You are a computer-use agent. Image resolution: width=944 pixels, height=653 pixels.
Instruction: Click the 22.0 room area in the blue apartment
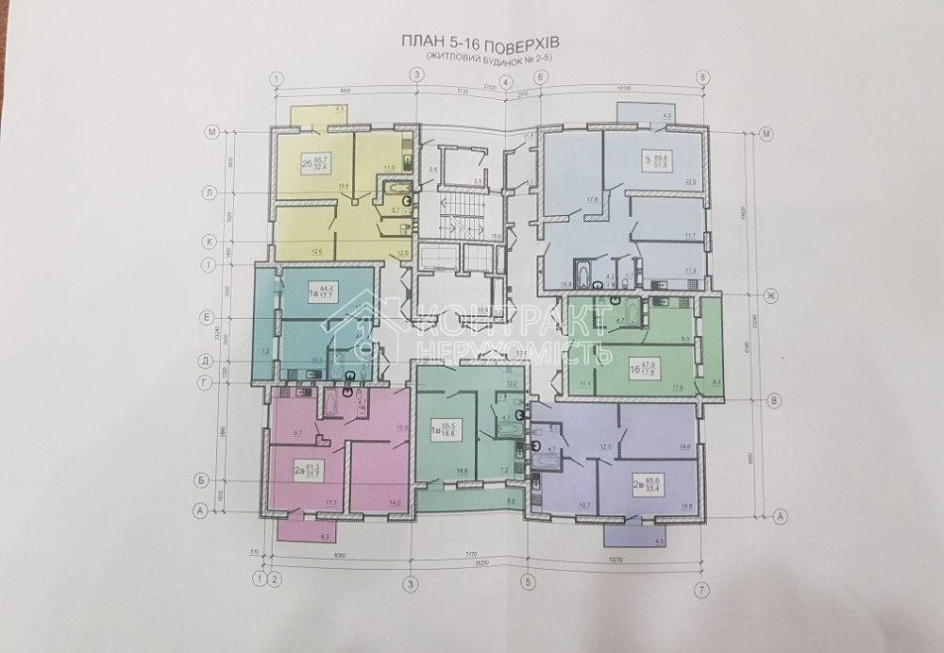688,183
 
